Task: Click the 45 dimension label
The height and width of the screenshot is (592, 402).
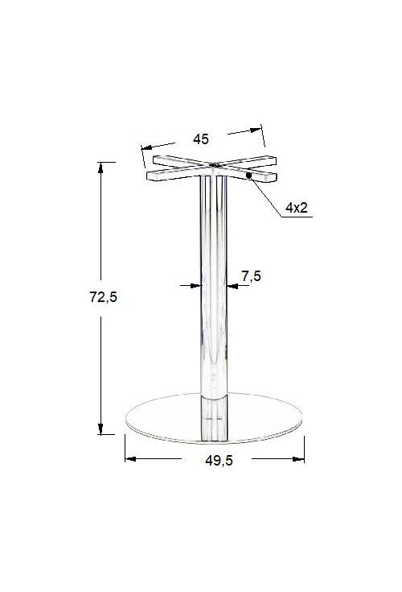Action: pos(201,139)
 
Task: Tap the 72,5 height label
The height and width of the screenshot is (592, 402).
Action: pos(103,297)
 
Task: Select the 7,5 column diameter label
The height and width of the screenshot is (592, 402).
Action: pos(252,276)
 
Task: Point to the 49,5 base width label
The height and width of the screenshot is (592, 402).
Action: pos(219,460)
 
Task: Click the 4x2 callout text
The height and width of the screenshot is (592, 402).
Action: pos(297,207)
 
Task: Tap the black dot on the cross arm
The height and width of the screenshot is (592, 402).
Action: pos(248,176)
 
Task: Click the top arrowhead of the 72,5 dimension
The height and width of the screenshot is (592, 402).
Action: pos(100,168)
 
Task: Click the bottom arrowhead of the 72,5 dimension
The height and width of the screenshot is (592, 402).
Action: pos(100,428)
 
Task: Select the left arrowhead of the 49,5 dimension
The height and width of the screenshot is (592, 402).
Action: pos(130,459)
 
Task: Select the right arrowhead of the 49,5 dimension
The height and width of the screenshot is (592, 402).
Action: pos(299,459)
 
